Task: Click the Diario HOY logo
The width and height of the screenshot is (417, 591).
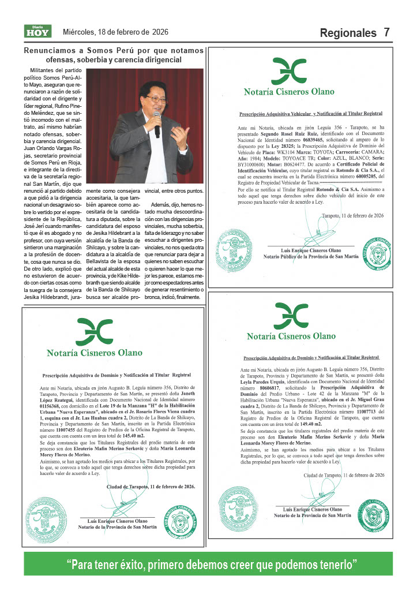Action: [x=37, y=32]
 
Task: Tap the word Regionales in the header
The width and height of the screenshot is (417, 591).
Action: [x=348, y=33]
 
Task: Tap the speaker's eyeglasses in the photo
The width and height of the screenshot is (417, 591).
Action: [x=156, y=99]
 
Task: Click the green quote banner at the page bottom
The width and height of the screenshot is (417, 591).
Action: [x=208, y=563]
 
